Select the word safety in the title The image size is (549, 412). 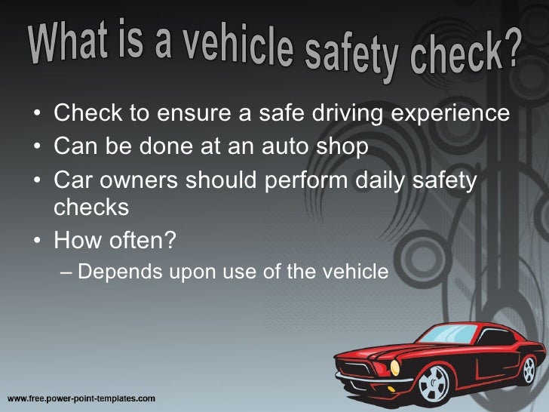(352, 57)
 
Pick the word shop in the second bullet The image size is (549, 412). (339, 143)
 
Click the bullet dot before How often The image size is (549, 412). (37, 241)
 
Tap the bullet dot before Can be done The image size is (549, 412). (37, 144)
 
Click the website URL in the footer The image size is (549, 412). (81, 397)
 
